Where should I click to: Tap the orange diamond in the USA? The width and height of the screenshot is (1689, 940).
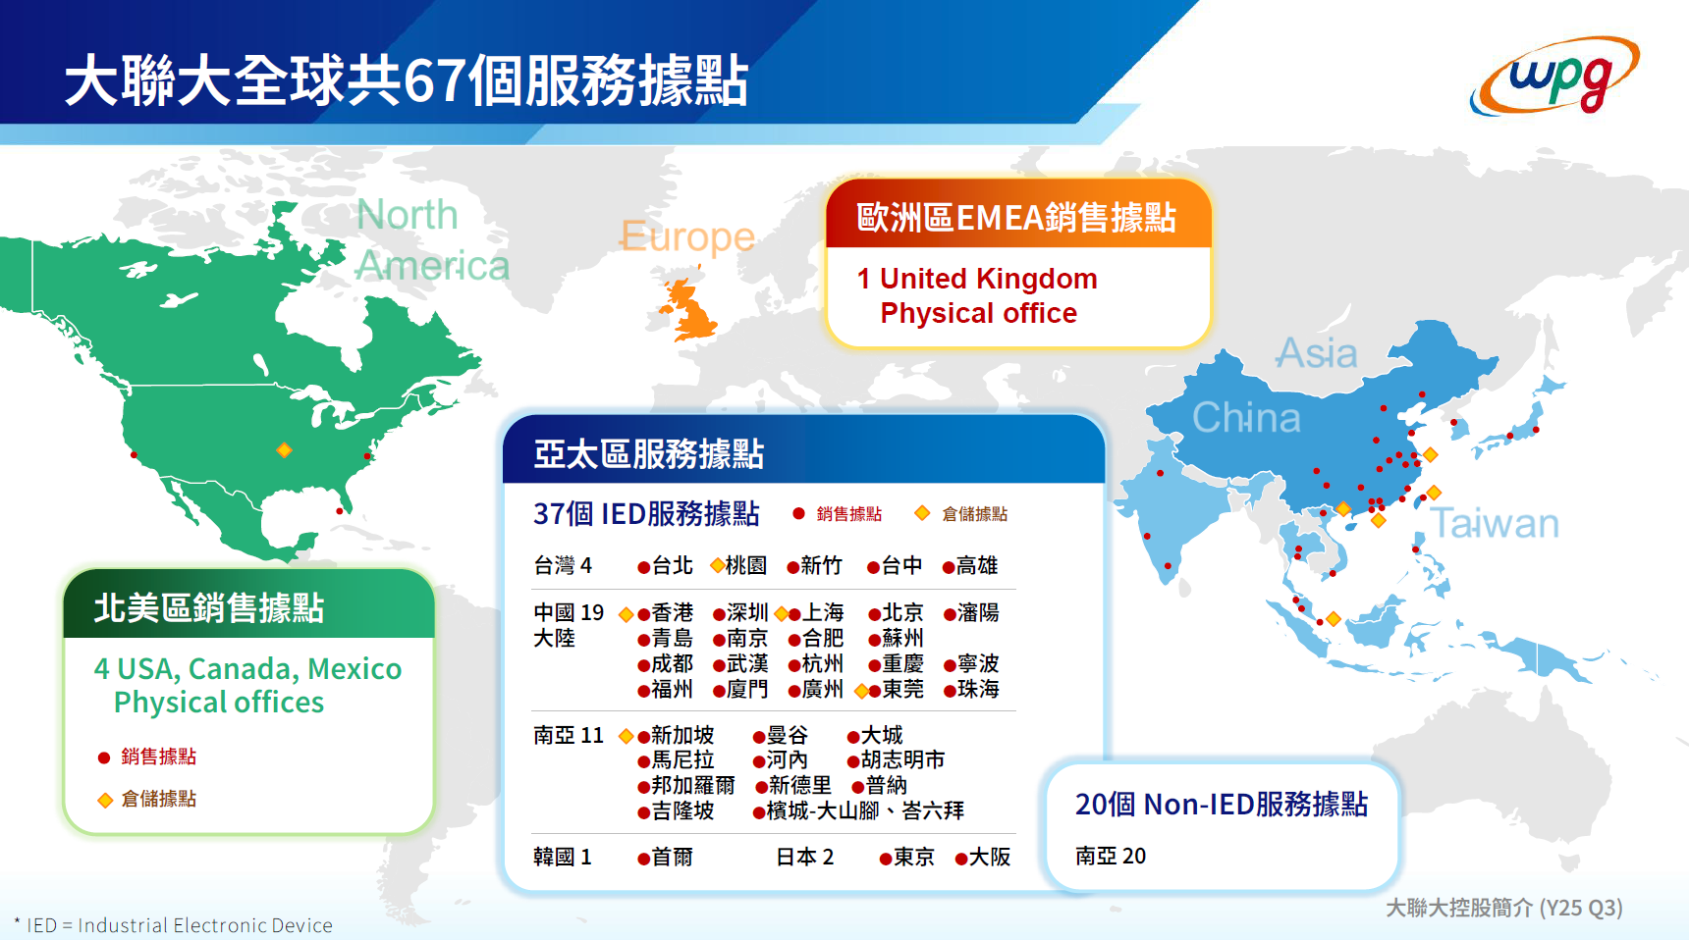(284, 450)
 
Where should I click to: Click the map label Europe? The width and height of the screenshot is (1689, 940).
(687, 236)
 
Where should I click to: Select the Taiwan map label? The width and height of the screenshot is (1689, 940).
(1494, 524)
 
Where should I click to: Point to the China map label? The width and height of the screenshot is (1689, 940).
(1246, 418)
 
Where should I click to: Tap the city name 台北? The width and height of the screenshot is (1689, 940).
(673, 566)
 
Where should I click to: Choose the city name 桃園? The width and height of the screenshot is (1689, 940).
(746, 566)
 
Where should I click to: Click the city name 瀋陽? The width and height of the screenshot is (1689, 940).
(978, 613)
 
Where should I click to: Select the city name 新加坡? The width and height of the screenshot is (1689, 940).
(682, 736)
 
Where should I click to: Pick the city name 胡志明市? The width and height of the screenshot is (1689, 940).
(902, 760)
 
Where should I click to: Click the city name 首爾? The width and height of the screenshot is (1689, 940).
(673, 858)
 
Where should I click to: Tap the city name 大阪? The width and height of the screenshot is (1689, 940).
(990, 858)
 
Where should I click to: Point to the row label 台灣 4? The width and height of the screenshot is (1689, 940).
(563, 566)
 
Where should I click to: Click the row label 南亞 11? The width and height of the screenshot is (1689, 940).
(569, 736)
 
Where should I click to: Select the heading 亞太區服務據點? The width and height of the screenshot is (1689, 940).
(648, 454)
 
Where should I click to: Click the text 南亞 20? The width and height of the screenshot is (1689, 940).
(1111, 857)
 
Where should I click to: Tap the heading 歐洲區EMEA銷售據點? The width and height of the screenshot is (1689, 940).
(1016, 218)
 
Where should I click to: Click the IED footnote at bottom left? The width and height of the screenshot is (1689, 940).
(174, 925)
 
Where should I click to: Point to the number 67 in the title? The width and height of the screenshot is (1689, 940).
(434, 80)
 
